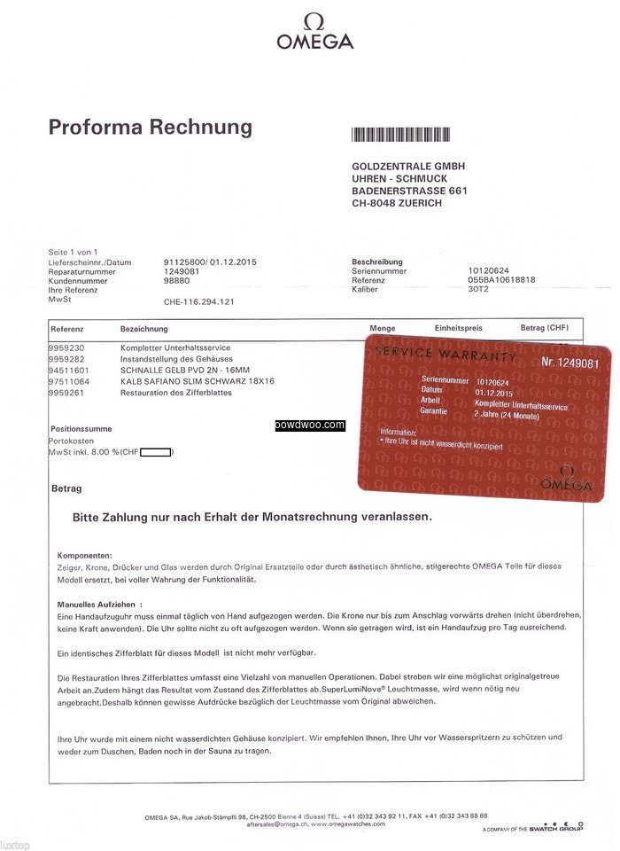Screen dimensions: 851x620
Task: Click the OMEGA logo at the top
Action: (314, 32)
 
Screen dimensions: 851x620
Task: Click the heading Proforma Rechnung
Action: (150, 127)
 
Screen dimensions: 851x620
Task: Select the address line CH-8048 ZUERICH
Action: (396, 203)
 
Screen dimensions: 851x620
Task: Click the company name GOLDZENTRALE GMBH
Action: (408, 166)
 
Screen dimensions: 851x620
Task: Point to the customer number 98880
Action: (177, 281)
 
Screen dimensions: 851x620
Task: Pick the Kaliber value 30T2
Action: (479, 290)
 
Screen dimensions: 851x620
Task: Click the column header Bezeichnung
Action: (143, 329)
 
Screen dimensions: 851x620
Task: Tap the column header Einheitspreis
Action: (458, 329)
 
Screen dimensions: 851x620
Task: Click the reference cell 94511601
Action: (68, 370)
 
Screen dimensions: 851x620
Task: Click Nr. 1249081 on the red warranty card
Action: (570, 363)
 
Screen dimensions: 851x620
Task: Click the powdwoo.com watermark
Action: (309, 425)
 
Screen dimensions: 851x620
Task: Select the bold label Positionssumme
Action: (81, 428)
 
